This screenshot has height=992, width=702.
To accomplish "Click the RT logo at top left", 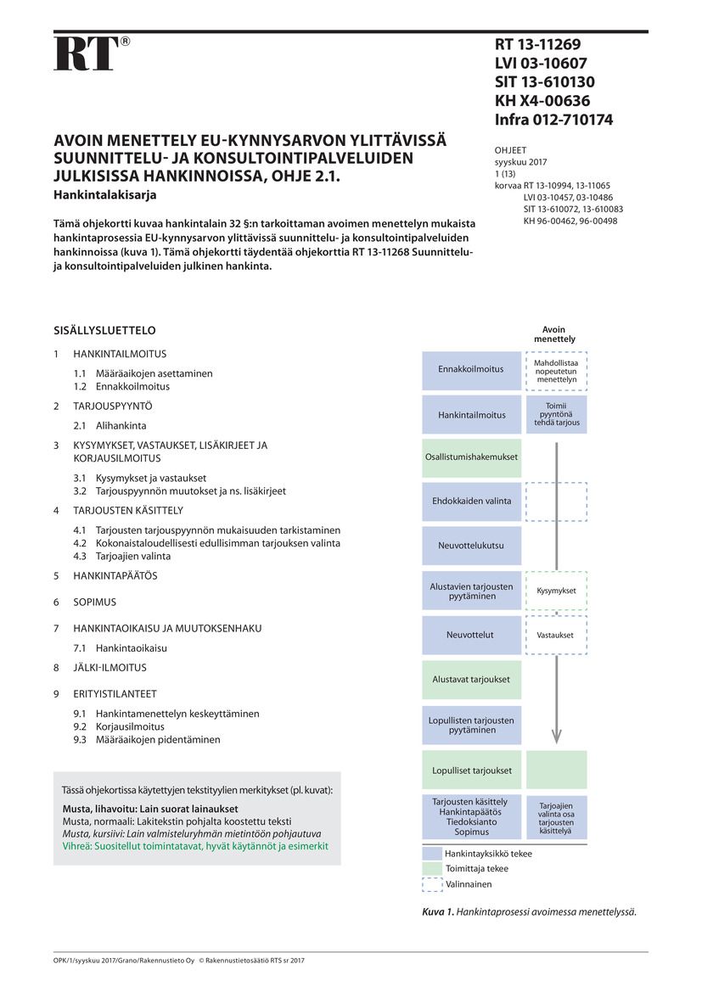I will (x=86, y=53).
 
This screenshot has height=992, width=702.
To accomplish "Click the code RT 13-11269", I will (x=537, y=45).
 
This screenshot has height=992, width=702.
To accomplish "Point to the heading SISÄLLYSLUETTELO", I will (x=104, y=330).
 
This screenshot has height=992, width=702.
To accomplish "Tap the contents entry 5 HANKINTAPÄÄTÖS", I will (x=115, y=575).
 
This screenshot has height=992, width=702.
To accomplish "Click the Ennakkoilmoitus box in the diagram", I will (x=471, y=369).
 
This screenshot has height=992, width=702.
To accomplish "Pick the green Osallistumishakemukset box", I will (x=471, y=457).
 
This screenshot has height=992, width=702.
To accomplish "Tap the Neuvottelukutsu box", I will (x=471, y=546).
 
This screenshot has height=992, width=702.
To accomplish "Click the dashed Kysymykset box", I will (x=556, y=591).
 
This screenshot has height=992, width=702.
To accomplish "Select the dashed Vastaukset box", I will (x=556, y=635).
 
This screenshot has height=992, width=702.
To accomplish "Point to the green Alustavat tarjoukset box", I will (x=471, y=679).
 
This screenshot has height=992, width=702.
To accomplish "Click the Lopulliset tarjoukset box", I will (x=471, y=771).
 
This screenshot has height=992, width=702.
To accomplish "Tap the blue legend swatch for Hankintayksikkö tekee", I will (x=432, y=854).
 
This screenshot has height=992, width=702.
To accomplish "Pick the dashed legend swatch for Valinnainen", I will (x=432, y=883).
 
